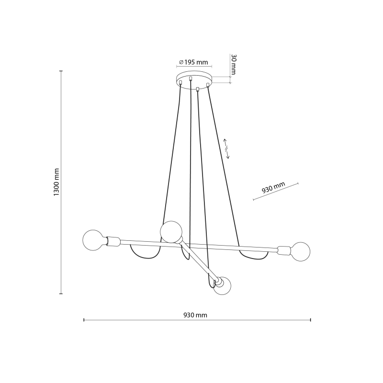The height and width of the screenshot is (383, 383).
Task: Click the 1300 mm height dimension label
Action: pos(56,182)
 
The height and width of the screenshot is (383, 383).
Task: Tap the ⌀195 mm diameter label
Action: pos(193,62)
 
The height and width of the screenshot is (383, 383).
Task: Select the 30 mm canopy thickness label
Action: pos(234,64)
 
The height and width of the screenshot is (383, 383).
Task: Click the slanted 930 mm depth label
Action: pos(273,187)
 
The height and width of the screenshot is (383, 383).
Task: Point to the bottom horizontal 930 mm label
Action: pos(195,315)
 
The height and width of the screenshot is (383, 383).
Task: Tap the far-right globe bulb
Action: pos(301,252)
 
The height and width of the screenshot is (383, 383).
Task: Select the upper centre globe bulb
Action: pos(171,232)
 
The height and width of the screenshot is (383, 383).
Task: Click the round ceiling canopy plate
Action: pos(194,79)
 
